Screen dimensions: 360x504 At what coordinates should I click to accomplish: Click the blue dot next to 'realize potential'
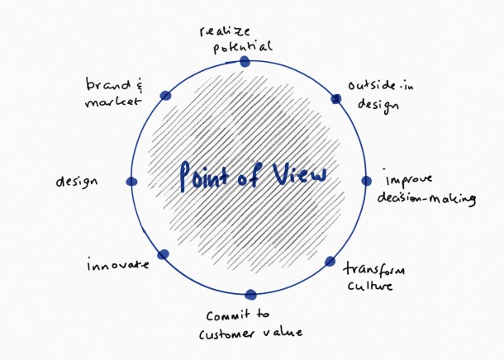coord(244,61)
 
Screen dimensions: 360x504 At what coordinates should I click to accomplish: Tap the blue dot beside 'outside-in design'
coord(335,99)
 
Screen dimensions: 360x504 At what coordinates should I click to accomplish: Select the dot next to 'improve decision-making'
coord(368,181)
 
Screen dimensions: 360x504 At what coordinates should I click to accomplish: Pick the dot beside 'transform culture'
coord(330,262)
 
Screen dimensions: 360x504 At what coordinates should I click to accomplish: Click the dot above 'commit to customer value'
coord(251,294)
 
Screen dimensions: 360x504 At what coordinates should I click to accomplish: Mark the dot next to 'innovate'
coord(163,254)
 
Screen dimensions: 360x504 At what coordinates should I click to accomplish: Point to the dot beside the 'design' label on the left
coord(131,182)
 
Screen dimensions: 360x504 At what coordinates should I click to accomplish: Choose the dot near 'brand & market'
coord(165,97)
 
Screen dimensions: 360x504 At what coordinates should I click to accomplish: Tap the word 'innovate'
coord(117,265)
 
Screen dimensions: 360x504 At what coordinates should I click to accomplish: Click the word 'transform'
coord(368,271)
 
